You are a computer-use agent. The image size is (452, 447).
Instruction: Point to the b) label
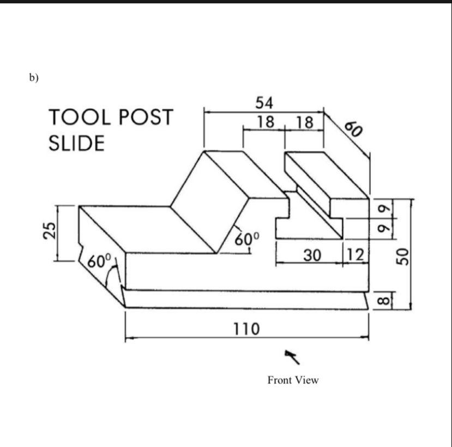(x=34, y=78)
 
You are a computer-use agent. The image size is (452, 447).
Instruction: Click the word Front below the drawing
(x=280, y=380)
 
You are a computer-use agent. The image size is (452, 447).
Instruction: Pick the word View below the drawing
(x=307, y=380)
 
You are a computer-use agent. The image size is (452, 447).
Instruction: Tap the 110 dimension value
(x=246, y=329)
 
